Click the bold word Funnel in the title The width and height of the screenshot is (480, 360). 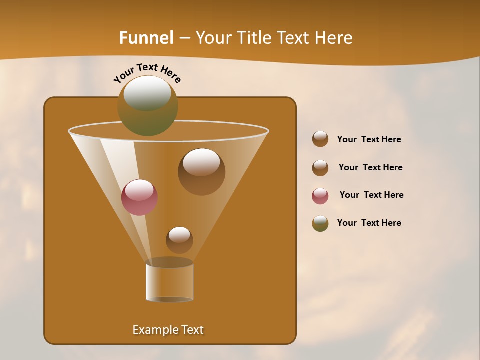(x=146, y=38)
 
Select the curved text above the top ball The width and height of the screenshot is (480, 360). (x=147, y=72)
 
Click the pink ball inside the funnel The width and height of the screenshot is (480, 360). (x=139, y=197)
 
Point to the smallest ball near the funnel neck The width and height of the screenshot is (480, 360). (x=179, y=240)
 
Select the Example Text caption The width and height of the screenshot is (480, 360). (x=168, y=330)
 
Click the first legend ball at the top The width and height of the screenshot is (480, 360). (x=320, y=139)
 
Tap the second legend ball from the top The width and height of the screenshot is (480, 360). (x=320, y=167)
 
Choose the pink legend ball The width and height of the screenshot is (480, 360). (x=320, y=195)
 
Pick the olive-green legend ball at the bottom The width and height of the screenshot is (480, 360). (x=320, y=223)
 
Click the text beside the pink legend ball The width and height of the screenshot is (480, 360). (x=371, y=195)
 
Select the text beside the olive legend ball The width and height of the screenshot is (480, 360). (x=369, y=223)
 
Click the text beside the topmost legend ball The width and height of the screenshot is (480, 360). (x=369, y=139)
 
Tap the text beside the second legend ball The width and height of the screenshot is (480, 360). (x=370, y=167)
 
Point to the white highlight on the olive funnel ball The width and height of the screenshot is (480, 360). (x=147, y=93)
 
